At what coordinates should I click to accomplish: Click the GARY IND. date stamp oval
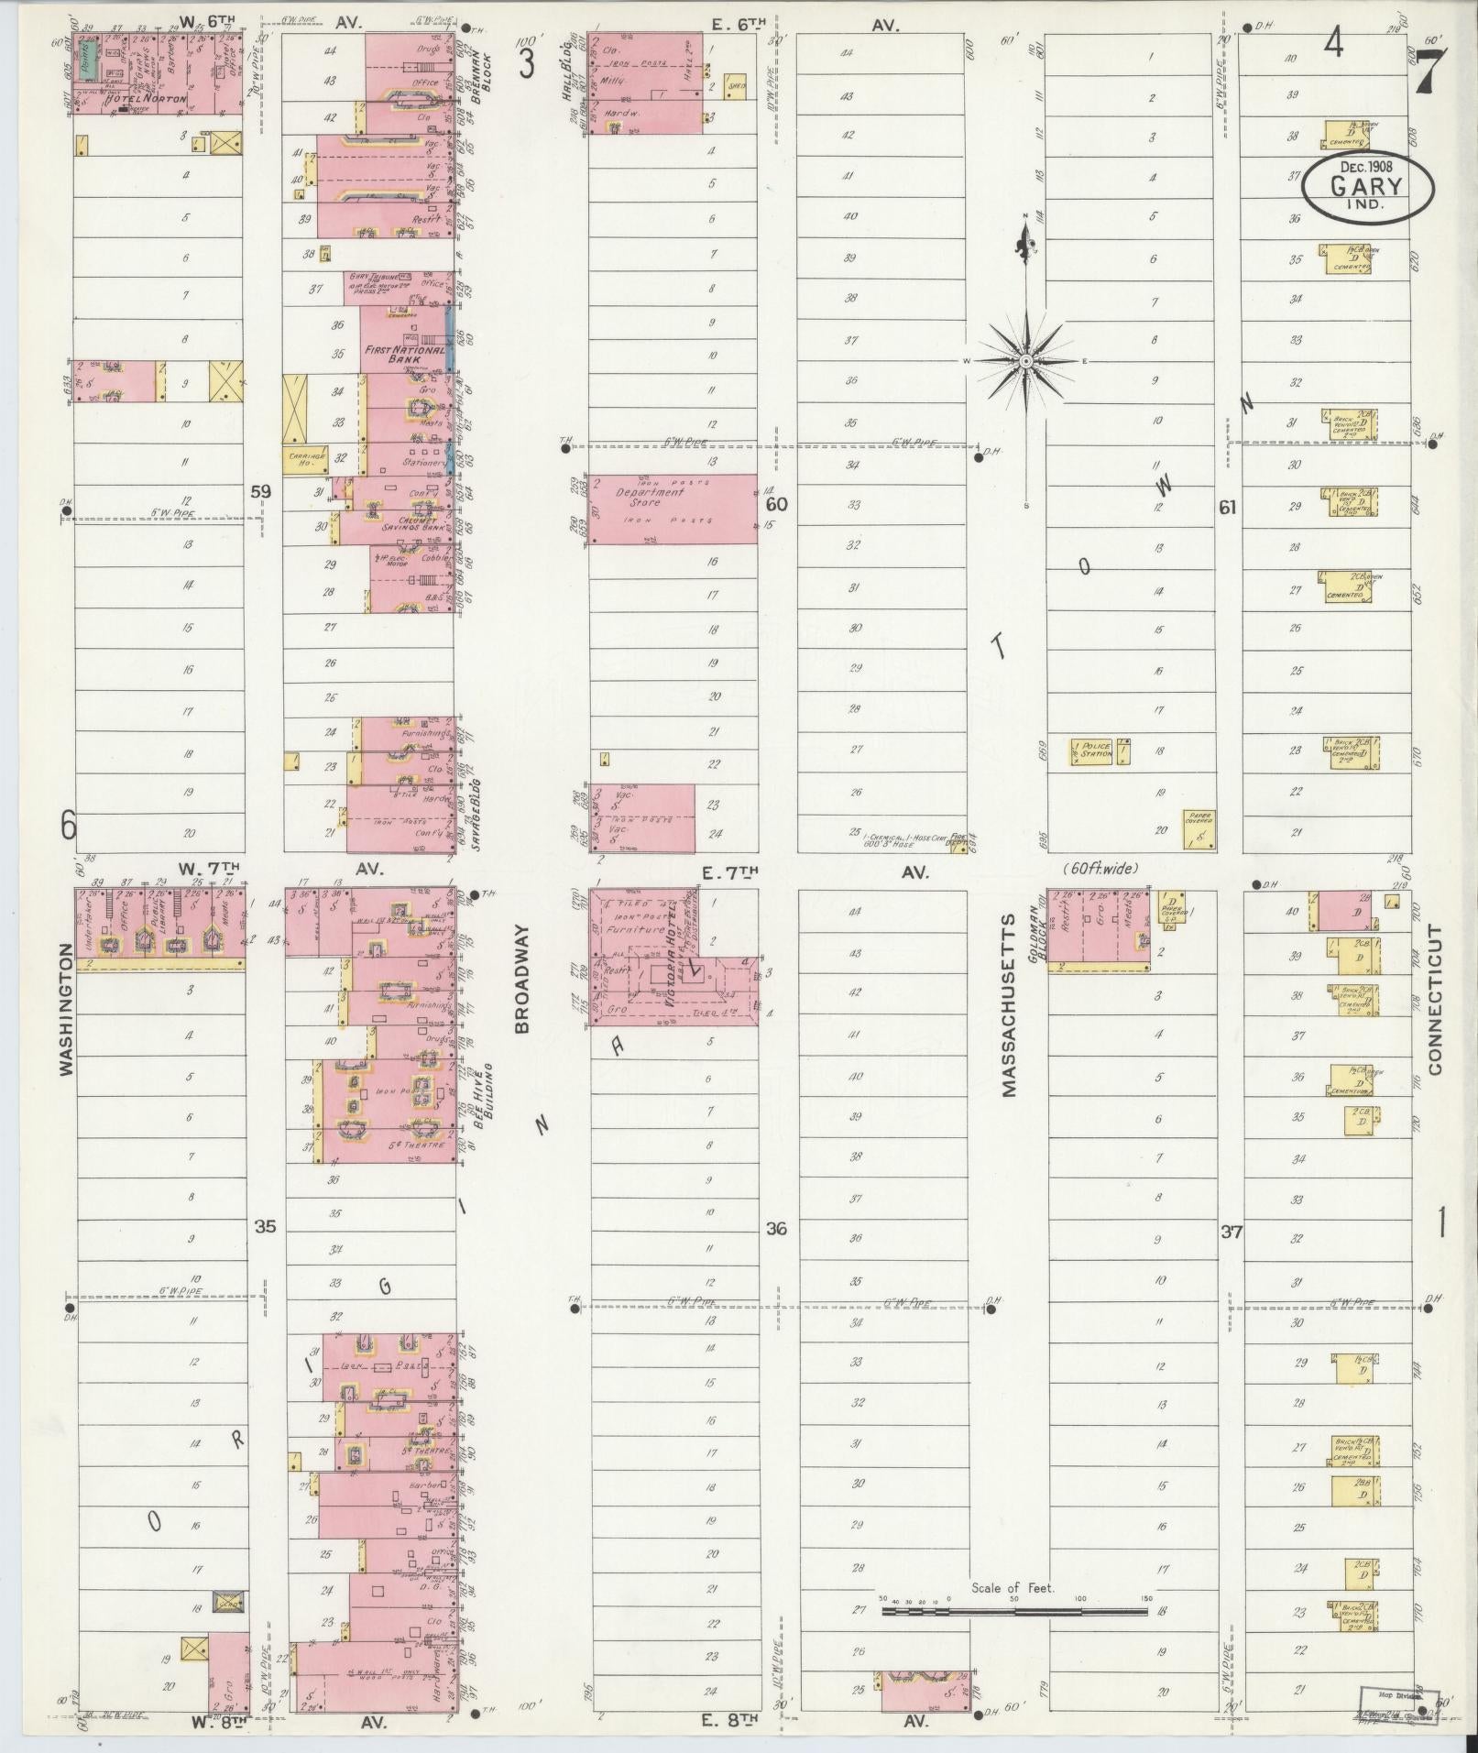1369,188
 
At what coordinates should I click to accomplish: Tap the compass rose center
1026,361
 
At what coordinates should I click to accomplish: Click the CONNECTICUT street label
1436,999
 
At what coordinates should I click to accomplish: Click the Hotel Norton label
146,98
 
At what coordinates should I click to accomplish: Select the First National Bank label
405,355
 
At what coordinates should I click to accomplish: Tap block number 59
261,492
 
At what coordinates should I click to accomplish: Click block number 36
777,1229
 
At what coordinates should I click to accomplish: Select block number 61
1228,508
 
